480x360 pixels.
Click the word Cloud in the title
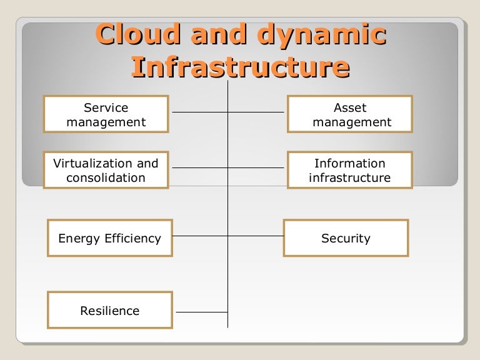pyautogui.click(x=137, y=34)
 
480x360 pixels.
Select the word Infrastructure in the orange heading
pyautogui.click(x=241, y=67)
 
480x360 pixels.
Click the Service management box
pyautogui.click(x=106, y=114)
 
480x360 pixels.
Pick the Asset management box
pyautogui.click(x=350, y=114)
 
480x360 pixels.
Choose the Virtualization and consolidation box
pyautogui.click(x=106, y=170)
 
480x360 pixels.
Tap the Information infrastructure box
pyautogui.click(x=350, y=170)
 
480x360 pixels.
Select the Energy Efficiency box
pyautogui.click(x=110, y=238)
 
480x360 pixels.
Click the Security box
pyautogui.click(x=346, y=238)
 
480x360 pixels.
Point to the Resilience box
pyautogui.click(x=110, y=310)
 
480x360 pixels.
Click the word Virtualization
pyautogui.click(x=92, y=163)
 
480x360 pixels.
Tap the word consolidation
pyautogui.click(x=106, y=177)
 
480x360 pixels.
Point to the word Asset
pyautogui.click(x=350, y=107)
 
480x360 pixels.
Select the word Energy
pyautogui.click(x=79, y=239)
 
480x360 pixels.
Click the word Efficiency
pyautogui.click(x=133, y=239)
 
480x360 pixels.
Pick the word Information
pyautogui.click(x=350, y=163)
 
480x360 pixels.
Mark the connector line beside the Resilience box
pyautogui.click(x=202, y=312)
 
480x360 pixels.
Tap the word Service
pyautogui.click(x=106, y=107)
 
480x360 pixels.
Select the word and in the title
pyautogui.click(x=219, y=34)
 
